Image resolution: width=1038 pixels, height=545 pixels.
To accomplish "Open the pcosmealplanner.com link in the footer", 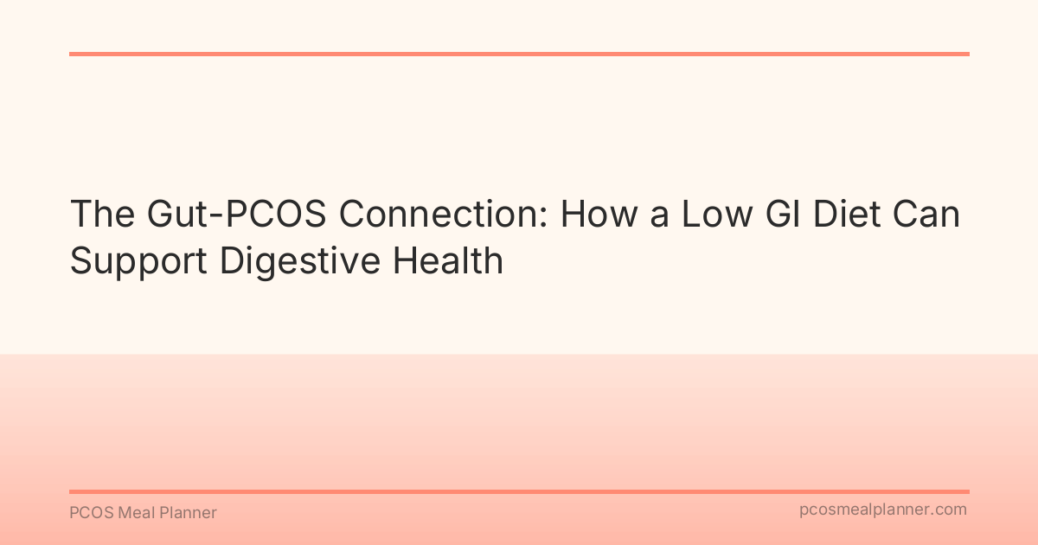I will pyautogui.click(x=883, y=510).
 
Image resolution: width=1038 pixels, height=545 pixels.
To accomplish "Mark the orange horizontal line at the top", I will pyautogui.click(x=519, y=54).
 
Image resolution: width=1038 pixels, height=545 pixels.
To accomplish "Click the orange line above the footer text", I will pyautogui.click(x=519, y=491).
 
